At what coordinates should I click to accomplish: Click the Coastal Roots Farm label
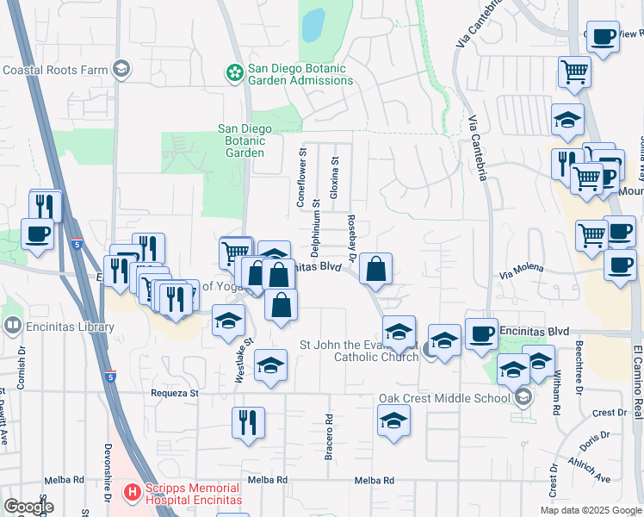click(x=56, y=70)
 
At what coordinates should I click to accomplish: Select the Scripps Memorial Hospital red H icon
click(x=132, y=493)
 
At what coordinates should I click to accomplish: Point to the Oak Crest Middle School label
click(x=444, y=398)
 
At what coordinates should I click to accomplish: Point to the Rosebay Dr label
click(x=351, y=235)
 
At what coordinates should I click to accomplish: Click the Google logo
click(x=29, y=506)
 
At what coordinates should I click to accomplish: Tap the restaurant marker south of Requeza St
click(x=248, y=423)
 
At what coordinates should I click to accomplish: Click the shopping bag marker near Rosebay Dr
click(x=376, y=270)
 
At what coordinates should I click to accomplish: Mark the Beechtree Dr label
click(x=580, y=367)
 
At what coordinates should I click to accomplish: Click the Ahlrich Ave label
click(x=590, y=470)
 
